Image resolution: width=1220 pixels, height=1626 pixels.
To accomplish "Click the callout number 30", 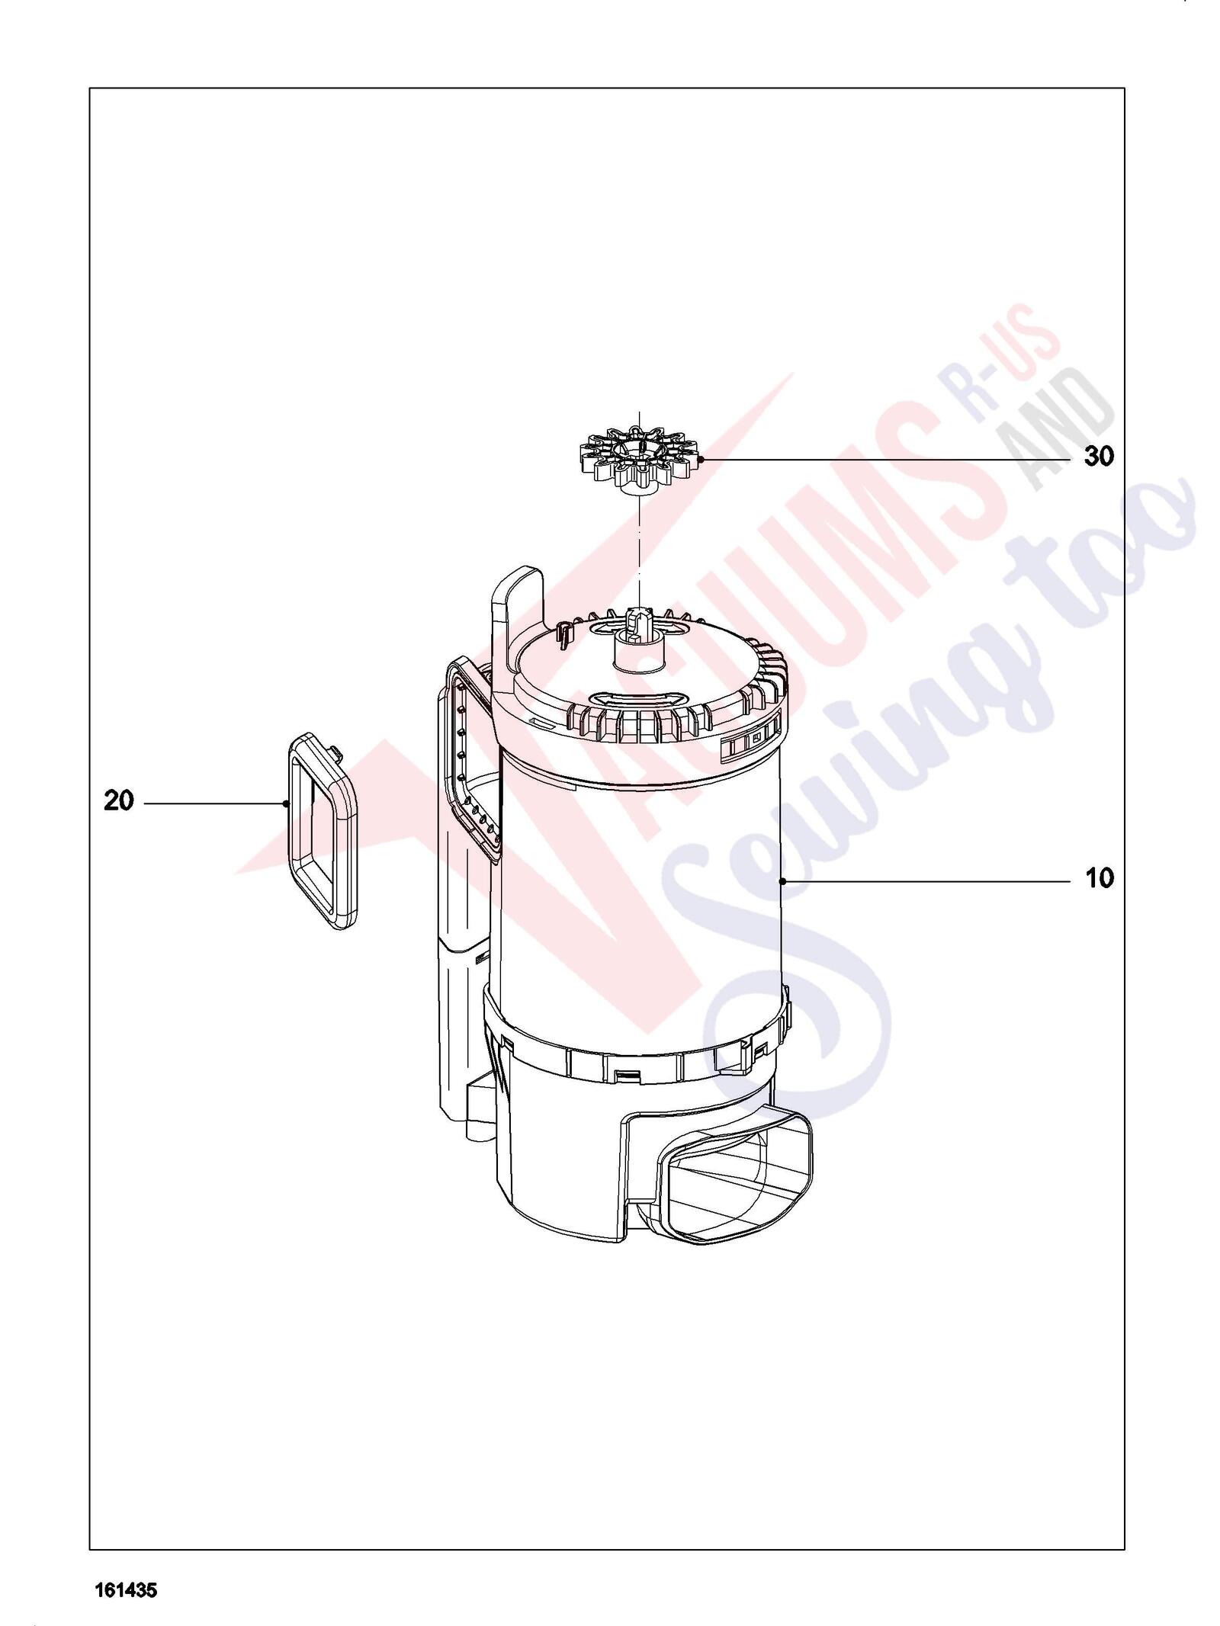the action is coord(1099,457).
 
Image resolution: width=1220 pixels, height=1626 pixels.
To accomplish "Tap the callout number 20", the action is coord(119,801).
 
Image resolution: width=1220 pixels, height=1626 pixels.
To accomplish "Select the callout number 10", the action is coord(1100,879).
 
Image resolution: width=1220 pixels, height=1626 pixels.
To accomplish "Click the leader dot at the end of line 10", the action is coord(783,881).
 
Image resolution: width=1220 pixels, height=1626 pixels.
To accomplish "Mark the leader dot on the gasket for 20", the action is coord(285,803).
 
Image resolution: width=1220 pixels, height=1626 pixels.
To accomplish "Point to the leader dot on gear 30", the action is coord(700,459).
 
